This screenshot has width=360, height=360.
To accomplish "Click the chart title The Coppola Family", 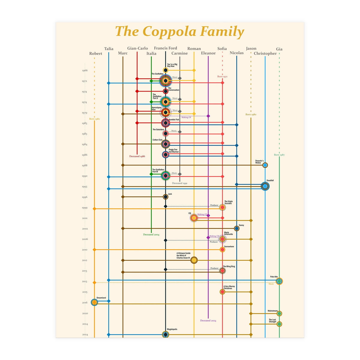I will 179,32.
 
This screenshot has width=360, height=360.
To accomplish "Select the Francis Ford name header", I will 165,48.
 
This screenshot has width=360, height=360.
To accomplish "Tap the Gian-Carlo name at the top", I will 137,48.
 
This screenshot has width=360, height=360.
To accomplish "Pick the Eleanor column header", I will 208,53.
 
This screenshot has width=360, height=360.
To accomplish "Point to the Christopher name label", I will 265,53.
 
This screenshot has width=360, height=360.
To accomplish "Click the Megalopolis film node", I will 165,334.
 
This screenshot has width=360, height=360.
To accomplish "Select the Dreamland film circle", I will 94,302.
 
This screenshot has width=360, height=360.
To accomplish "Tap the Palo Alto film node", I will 279,281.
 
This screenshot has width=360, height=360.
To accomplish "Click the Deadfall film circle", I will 265,186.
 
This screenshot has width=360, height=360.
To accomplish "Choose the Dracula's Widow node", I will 265,165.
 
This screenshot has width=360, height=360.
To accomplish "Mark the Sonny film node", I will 237,228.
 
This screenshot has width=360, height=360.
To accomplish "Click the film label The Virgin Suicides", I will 228,202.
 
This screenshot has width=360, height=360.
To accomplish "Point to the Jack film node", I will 165,197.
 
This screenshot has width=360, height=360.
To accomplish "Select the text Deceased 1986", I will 137,156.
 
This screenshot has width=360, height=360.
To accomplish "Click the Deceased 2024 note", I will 208,320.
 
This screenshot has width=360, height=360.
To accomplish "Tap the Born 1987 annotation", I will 279,155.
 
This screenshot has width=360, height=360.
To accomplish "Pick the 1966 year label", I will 85,70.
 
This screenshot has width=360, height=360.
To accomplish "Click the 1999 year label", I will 85,208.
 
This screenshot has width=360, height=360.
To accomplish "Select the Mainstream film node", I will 279,313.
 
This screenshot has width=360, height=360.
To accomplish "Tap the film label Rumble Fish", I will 174,120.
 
